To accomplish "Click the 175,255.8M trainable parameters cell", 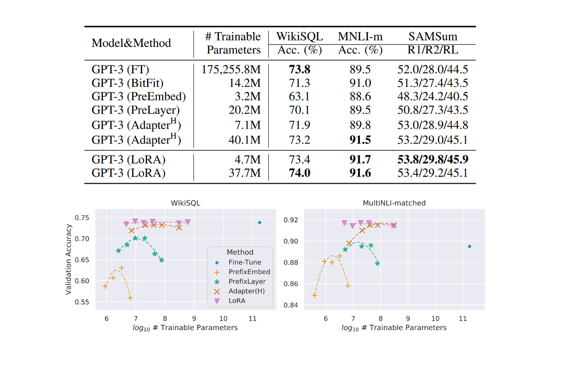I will [x=231, y=70].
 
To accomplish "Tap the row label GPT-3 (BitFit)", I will [x=127, y=84].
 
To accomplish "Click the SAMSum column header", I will [x=433, y=37].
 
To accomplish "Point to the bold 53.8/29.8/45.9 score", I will [x=433, y=160].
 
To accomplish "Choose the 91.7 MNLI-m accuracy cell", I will [x=360, y=160].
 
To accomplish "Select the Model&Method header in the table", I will [x=131, y=43].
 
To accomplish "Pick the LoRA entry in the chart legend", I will [x=237, y=301].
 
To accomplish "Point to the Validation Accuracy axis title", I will [x=69, y=259].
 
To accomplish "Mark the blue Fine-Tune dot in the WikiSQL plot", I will [x=259, y=223].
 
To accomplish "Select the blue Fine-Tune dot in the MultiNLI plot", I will [x=469, y=246].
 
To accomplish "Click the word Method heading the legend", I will [x=240, y=252].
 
